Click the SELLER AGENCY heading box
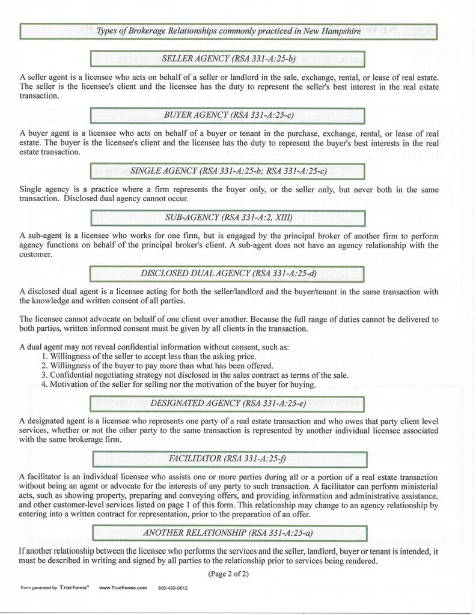click(x=228, y=59)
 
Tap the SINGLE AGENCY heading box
click(x=228, y=171)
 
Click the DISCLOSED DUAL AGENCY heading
click(x=228, y=274)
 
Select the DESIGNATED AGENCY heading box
click(x=228, y=402)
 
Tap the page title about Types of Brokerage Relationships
click(x=228, y=31)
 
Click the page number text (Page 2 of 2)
click(x=228, y=574)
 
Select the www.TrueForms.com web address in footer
click(x=123, y=587)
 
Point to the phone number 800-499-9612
click(x=173, y=587)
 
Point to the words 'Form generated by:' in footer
click(x=38, y=587)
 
